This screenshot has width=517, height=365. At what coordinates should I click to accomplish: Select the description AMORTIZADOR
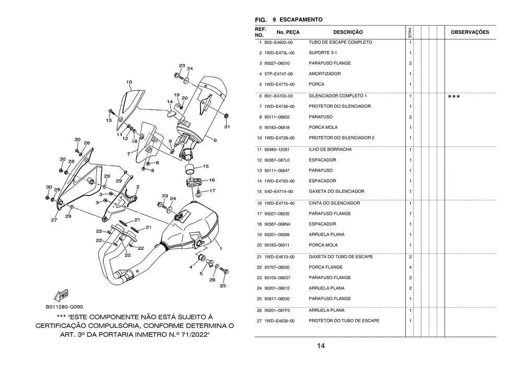324,74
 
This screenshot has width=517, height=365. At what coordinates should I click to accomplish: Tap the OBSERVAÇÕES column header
469,32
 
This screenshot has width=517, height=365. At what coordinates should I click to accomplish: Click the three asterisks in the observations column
454,97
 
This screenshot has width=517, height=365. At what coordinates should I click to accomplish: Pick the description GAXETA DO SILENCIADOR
336,191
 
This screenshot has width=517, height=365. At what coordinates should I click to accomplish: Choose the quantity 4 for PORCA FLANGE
410,267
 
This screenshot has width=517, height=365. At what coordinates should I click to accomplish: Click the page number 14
321,346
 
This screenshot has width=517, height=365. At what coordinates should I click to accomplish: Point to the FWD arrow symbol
62,296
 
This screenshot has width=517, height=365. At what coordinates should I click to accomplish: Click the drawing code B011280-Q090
64,307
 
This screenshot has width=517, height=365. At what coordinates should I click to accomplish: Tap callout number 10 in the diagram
128,82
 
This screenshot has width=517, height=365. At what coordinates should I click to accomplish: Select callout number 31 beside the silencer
227,127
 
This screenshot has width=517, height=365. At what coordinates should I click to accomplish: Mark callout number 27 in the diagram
54,220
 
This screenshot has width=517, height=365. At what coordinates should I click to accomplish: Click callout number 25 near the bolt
222,286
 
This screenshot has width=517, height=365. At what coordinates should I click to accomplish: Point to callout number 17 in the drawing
212,191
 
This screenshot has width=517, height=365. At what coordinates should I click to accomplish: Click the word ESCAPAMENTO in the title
301,20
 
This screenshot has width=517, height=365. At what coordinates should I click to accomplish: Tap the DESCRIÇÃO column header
348,32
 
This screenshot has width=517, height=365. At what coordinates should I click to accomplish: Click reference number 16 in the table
259,203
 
